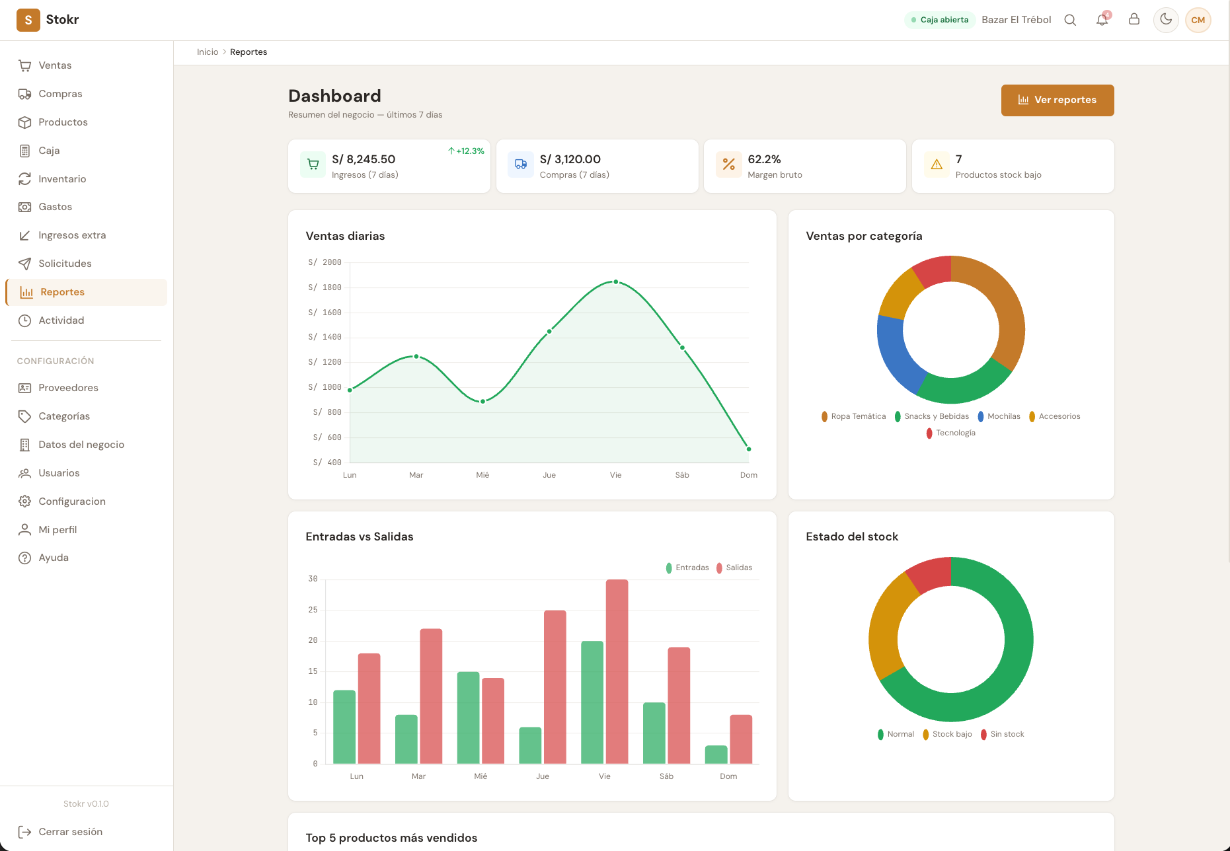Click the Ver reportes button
(x=1057, y=100)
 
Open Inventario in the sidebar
(x=62, y=179)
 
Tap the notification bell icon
(x=1102, y=20)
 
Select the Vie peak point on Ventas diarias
(x=615, y=282)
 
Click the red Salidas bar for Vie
(x=617, y=671)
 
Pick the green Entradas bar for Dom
(x=716, y=755)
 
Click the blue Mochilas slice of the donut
(x=896, y=353)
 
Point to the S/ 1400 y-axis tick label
(x=325, y=337)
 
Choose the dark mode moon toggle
(x=1166, y=20)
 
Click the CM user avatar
(x=1198, y=20)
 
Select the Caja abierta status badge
(x=939, y=20)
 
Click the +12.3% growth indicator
(x=466, y=151)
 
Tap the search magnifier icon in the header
(x=1070, y=20)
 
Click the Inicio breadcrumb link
(x=208, y=52)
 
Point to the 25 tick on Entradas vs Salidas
(x=313, y=610)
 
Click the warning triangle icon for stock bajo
(x=937, y=165)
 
